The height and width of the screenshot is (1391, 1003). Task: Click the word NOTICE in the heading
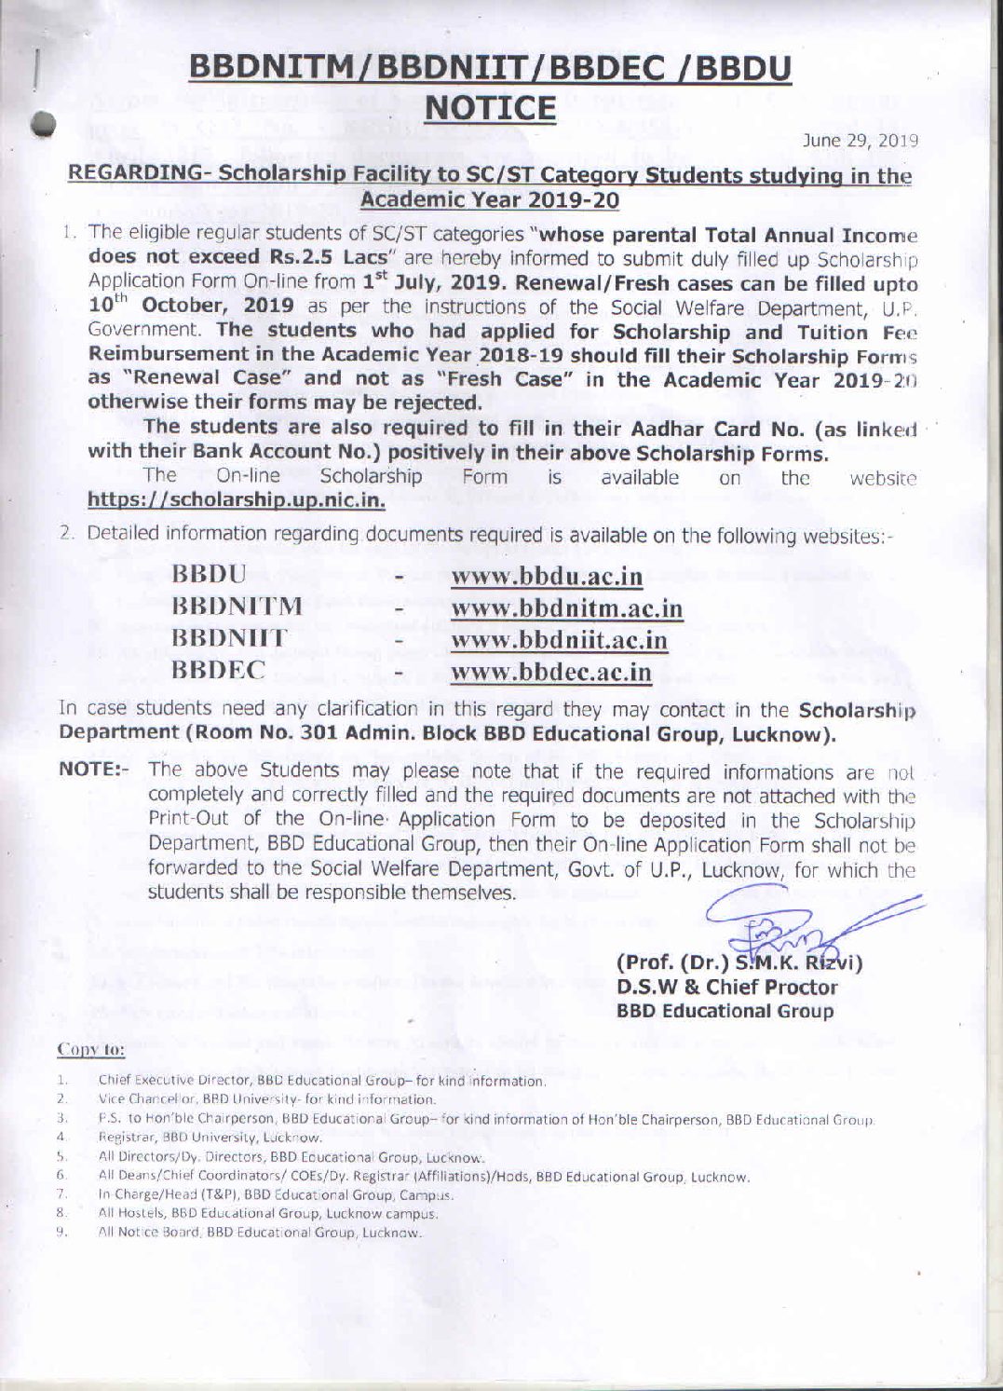point(490,108)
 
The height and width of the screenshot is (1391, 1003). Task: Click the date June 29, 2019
point(861,141)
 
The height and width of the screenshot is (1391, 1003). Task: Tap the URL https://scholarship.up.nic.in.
point(236,500)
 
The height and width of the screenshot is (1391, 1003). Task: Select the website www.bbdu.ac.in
point(547,577)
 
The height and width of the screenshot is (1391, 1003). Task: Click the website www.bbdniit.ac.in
point(559,640)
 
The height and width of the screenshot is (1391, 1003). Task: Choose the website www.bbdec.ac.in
point(550,672)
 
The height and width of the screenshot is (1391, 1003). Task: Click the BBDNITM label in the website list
point(237,607)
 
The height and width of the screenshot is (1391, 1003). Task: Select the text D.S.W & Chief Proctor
point(726,988)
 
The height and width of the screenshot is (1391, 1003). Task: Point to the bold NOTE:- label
point(96,771)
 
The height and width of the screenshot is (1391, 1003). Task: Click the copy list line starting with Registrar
point(210,1138)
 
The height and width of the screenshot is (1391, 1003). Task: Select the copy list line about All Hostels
point(268,1213)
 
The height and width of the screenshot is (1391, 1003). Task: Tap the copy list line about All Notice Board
point(261,1233)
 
